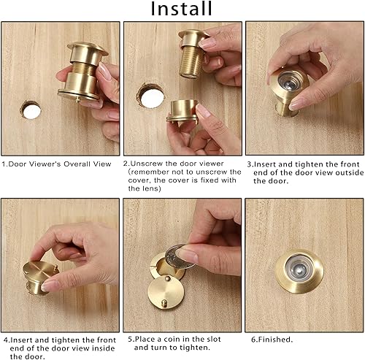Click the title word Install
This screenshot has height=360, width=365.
tap(182, 9)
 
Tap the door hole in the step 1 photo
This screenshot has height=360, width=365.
tap(35, 110)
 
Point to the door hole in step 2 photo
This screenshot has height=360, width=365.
tap(152, 95)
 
